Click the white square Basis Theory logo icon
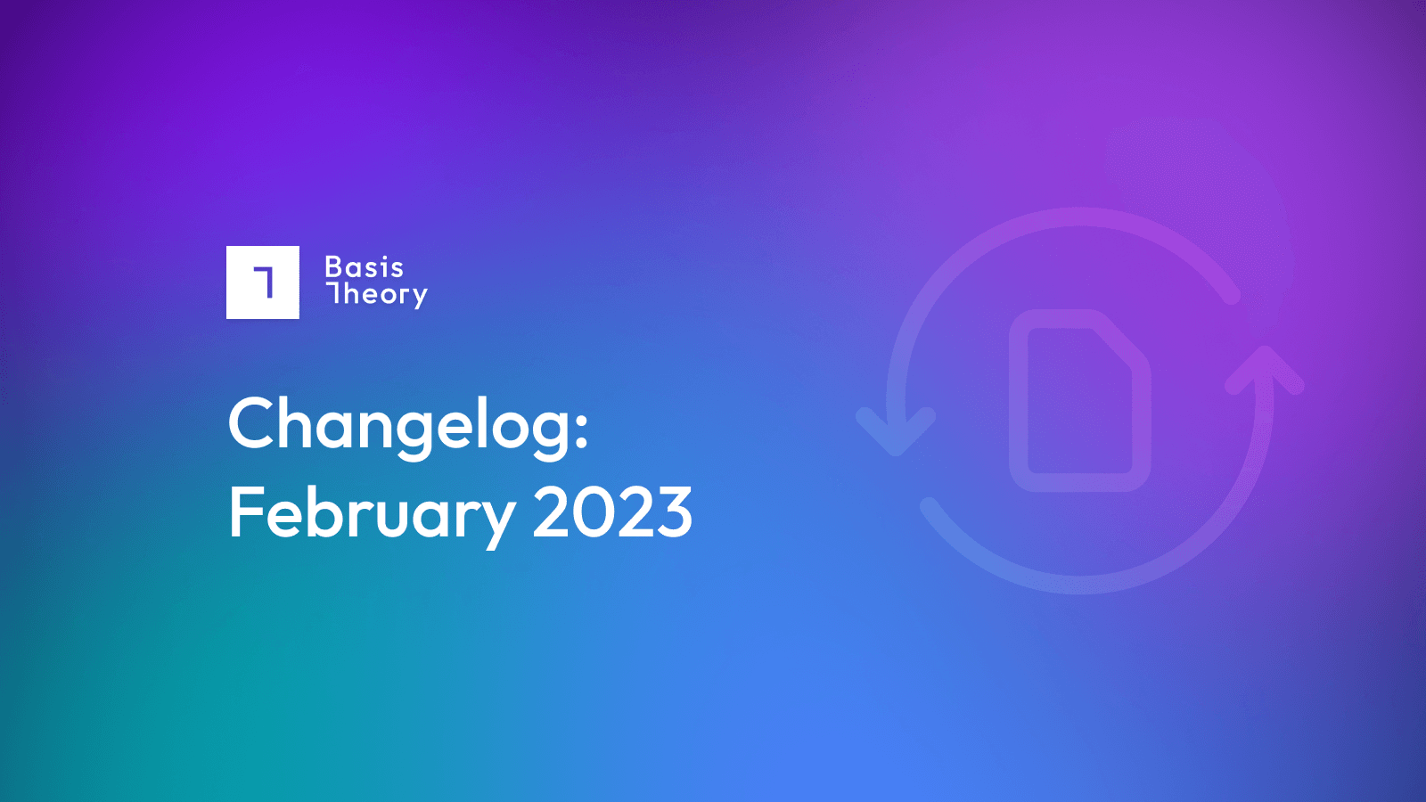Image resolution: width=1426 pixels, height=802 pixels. point(262,282)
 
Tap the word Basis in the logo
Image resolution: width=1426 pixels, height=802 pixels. point(365,267)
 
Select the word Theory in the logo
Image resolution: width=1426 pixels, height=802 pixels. point(376,295)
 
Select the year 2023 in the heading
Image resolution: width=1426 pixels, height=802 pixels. point(612,512)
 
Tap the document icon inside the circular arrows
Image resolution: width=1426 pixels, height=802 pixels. point(1079,400)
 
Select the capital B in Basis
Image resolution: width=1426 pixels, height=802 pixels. point(333,267)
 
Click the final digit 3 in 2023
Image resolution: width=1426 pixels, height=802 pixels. point(674,512)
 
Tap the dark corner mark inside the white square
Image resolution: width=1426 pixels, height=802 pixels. point(264,282)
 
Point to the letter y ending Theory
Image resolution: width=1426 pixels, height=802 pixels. point(418,298)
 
